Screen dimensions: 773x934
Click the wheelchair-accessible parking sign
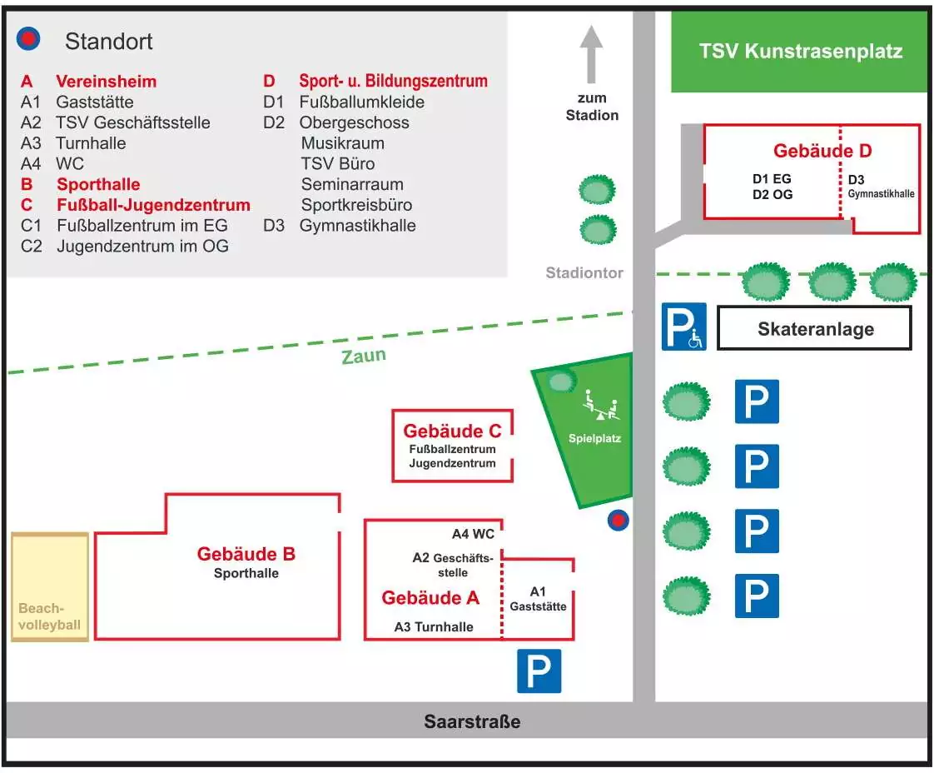(683, 326)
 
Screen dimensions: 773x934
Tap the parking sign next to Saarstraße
(539, 671)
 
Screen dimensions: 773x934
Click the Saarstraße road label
(472, 721)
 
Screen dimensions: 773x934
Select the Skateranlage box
(814, 328)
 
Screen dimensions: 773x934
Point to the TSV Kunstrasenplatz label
(800, 52)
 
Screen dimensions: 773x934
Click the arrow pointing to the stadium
(591, 54)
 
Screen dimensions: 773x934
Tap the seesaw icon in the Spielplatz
(601, 407)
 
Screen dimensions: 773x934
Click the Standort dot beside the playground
(618, 521)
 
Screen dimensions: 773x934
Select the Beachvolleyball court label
(50, 616)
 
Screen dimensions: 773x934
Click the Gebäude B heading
(246, 554)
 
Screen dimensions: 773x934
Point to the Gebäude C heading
(452, 431)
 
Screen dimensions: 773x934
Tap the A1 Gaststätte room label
(538, 599)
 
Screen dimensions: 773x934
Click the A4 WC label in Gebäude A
(473, 534)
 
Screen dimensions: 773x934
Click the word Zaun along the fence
(364, 356)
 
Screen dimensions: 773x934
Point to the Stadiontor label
(584, 272)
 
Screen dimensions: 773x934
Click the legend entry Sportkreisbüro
(356, 205)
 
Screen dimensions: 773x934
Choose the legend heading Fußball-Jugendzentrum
(153, 205)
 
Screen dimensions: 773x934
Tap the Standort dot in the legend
(29, 38)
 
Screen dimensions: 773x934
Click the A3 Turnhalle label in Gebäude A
(433, 626)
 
